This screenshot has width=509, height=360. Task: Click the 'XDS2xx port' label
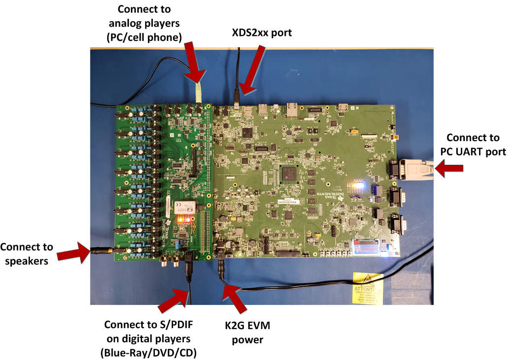point(262,32)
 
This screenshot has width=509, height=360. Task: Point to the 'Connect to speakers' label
point(27,254)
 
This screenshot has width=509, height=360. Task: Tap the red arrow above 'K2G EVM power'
point(235,299)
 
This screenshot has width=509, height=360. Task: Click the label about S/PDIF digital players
point(150,339)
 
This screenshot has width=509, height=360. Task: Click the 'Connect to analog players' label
point(145,23)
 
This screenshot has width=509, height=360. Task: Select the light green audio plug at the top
point(198,91)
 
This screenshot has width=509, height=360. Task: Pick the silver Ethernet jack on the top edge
point(293,109)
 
